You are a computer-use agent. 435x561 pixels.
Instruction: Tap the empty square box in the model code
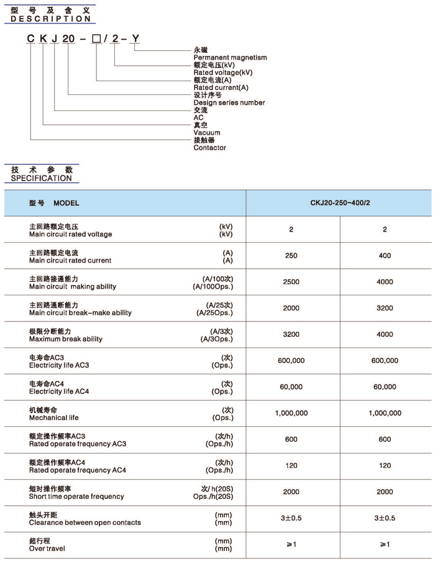click(x=96, y=39)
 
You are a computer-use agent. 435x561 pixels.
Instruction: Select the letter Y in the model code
click(x=136, y=39)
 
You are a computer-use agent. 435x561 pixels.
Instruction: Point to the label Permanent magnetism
click(x=230, y=58)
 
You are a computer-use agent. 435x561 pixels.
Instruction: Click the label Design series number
click(x=229, y=102)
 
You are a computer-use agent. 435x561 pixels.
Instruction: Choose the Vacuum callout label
click(x=206, y=133)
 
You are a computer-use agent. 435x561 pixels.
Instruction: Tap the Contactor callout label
click(x=209, y=148)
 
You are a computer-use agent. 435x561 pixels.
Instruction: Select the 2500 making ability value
click(x=291, y=282)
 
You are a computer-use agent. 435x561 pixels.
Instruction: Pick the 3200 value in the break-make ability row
click(x=385, y=308)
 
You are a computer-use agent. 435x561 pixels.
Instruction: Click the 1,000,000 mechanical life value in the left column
click(x=291, y=413)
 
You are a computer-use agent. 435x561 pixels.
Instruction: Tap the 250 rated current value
click(x=291, y=256)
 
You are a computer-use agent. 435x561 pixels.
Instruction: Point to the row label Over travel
click(x=47, y=549)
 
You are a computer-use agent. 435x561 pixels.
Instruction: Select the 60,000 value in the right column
click(x=385, y=387)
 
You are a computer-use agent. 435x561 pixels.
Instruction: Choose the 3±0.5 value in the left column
click(x=291, y=518)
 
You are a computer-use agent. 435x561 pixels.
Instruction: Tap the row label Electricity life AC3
click(x=59, y=366)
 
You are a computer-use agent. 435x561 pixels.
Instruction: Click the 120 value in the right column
click(x=385, y=465)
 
